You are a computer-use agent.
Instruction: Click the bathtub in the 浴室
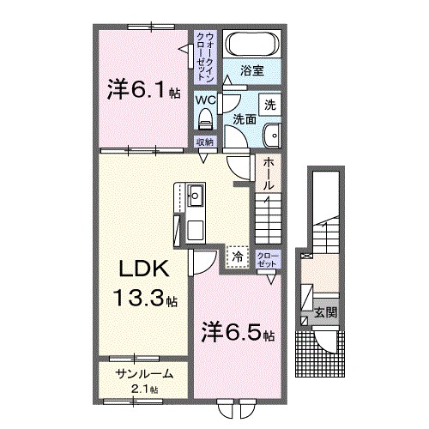pyautogui.click(x=252, y=44)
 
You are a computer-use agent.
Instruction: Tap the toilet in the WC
pyautogui.click(x=205, y=118)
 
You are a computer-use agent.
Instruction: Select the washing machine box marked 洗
pyautogui.click(x=269, y=105)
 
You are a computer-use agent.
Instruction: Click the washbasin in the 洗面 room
pyautogui.click(x=272, y=136)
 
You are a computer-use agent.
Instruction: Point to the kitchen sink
pyautogui.click(x=195, y=196)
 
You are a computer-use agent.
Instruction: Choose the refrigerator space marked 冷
pyautogui.click(x=237, y=257)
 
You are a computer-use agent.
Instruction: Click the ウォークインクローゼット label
pyautogui.click(x=206, y=57)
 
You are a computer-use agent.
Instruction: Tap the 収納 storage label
pyautogui.click(x=205, y=142)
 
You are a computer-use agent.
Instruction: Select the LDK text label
pyautogui.click(x=144, y=269)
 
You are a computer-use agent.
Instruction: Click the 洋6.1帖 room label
pyautogui.click(x=143, y=90)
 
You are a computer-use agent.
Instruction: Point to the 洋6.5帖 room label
pyautogui.click(x=238, y=332)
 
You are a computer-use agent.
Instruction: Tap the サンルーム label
pyautogui.click(x=144, y=374)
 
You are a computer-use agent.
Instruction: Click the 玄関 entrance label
pyautogui.click(x=325, y=312)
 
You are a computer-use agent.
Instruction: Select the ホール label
pyautogui.click(x=269, y=174)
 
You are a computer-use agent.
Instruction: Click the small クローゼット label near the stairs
pyautogui.click(x=268, y=260)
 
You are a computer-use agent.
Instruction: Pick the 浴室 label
pyautogui.click(x=251, y=70)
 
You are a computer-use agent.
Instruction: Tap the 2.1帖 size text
pyautogui.click(x=144, y=389)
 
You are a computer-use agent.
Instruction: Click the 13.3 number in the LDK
pyautogui.click(x=139, y=298)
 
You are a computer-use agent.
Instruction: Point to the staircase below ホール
pyautogui.click(x=269, y=219)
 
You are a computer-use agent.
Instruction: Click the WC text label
pyautogui.click(x=205, y=100)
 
